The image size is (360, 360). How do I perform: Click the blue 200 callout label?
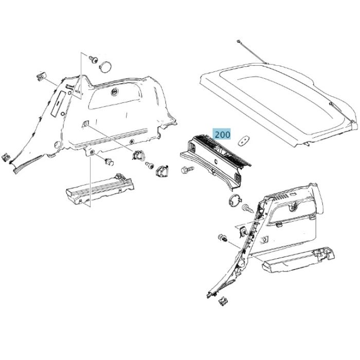tap(222, 135)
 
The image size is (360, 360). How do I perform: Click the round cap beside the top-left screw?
tap(107, 66)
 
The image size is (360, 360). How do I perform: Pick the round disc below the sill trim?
tap(233, 200)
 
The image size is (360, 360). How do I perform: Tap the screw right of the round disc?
tap(246, 208)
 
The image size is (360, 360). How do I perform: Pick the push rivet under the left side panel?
tap(109, 162)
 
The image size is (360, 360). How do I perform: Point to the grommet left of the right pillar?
tap(223, 239)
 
